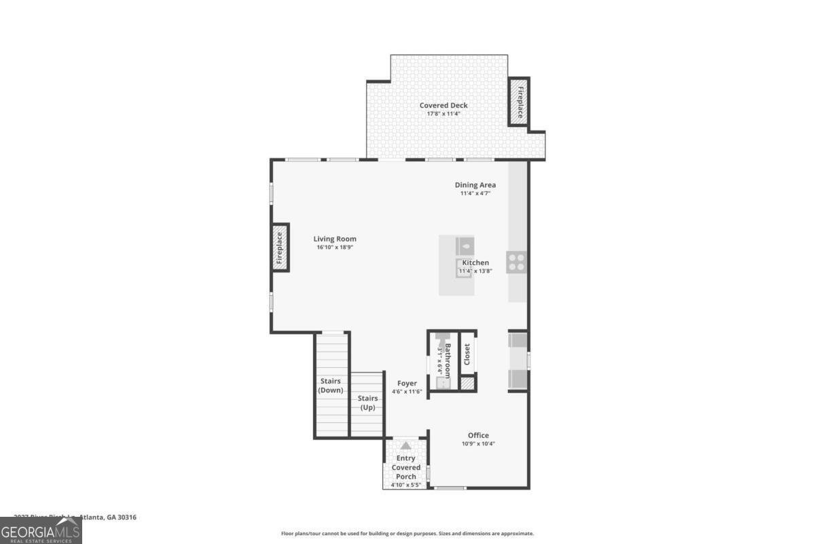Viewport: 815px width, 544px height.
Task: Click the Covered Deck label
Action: (x=443, y=105)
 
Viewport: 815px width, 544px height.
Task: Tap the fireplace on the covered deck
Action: (x=520, y=102)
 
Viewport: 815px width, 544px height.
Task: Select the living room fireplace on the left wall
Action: (x=279, y=248)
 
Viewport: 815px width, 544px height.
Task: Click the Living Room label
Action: (x=335, y=239)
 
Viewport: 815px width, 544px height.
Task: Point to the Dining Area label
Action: (x=475, y=185)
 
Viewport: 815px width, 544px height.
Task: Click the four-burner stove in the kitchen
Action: (x=517, y=262)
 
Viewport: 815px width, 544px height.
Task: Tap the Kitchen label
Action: (x=475, y=262)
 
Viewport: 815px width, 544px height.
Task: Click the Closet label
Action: (x=467, y=354)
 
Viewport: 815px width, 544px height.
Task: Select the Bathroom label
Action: (x=448, y=360)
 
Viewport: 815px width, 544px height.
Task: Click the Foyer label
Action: (x=407, y=384)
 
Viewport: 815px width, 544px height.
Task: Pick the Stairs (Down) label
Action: (x=329, y=386)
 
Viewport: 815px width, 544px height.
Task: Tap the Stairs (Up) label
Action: (x=367, y=403)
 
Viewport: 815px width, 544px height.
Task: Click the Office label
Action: (x=478, y=435)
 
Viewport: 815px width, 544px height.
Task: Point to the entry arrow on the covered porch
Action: (x=405, y=445)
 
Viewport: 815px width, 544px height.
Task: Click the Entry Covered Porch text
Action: (x=406, y=467)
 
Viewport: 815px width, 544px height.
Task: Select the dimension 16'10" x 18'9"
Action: (x=335, y=248)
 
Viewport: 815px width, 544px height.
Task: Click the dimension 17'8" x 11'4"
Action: (x=443, y=114)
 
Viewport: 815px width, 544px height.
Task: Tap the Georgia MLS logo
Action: (x=41, y=530)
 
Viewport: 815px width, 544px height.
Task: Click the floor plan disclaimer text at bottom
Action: (x=407, y=534)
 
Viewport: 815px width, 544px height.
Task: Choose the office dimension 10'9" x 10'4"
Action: (x=478, y=444)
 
